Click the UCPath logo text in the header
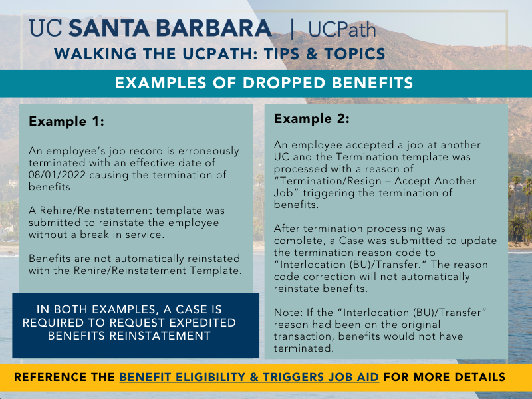pos(342,29)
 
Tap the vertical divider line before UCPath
pos(293,29)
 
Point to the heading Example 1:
pos(66,121)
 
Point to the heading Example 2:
pos(311,118)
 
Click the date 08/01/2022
pos(57,175)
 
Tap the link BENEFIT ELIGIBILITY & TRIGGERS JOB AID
pos(249,377)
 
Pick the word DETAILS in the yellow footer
pos(479,377)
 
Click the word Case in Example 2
pos(351,241)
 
